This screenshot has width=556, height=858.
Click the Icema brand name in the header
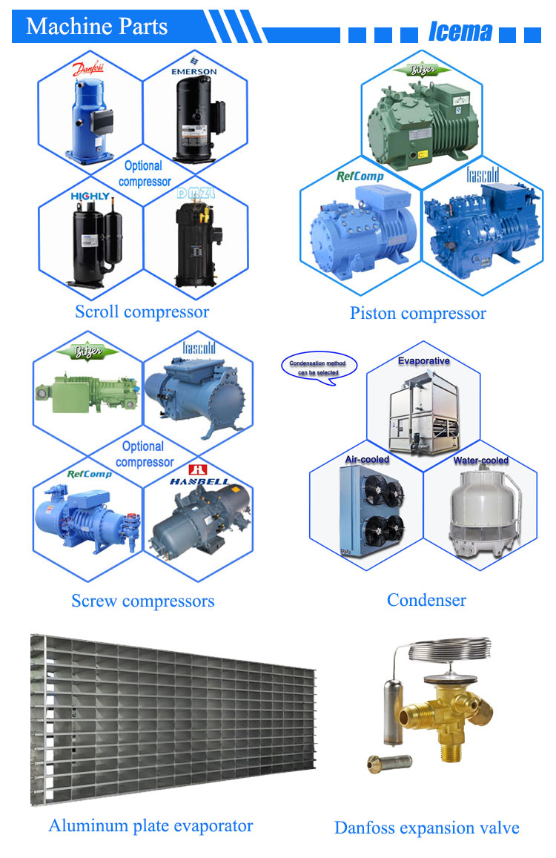click(x=460, y=32)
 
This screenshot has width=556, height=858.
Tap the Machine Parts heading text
click(x=97, y=27)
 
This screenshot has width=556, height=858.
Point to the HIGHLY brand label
click(x=90, y=197)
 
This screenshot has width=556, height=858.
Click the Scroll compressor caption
click(x=142, y=311)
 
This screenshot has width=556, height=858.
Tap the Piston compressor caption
click(x=417, y=314)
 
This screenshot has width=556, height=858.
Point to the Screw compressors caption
click(x=142, y=601)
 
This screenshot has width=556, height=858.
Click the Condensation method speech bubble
click(x=319, y=366)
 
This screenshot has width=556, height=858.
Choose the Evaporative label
click(x=423, y=361)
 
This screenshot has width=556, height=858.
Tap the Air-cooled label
click(x=367, y=459)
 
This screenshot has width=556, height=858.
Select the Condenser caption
click(x=426, y=600)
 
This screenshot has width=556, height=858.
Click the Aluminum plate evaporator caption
click(x=150, y=825)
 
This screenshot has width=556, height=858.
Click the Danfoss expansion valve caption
click(x=426, y=828)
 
